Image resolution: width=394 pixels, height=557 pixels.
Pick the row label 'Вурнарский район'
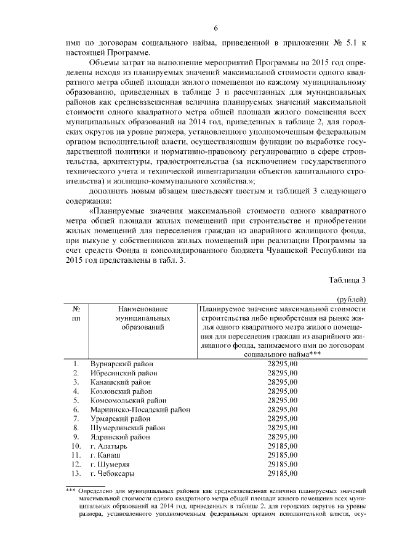pyautogui.click(x=121, y=364)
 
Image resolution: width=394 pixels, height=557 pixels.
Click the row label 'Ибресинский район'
pyautogui.click(x=123, y=374)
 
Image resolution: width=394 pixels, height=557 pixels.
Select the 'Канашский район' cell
pyautogui.click(x=121, y=382)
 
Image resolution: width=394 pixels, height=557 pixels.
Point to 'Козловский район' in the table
pyautogui.click(x=121, y=391)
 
